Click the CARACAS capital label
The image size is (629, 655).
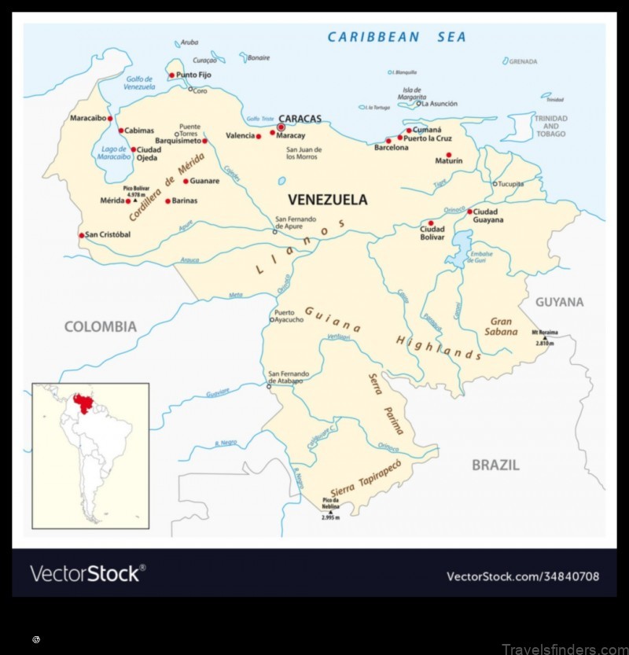point(302,119)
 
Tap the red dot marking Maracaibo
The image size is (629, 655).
point(110,118)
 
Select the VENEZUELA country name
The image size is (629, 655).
point(327,200)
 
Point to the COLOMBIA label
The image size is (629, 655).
point(100,326)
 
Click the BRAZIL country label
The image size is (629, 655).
point(495,465)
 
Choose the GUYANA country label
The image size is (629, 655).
point(560,302)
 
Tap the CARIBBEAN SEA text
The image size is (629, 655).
point(397,37)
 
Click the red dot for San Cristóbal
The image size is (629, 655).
point(81,235)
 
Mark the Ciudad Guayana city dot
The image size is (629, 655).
point(470,212)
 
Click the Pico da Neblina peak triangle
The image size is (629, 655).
point(331,513)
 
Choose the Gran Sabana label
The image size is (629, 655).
point(502,326)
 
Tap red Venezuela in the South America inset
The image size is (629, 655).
point(81,403)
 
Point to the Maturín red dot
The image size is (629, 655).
point(449,155)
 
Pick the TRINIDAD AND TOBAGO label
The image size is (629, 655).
point(550,126)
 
